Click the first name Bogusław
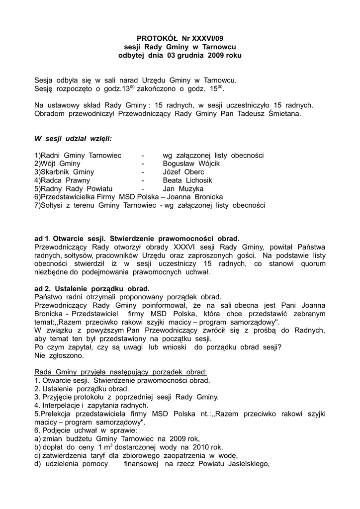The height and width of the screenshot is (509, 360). (x=180, y=164)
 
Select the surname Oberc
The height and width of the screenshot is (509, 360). (x=194, y=172)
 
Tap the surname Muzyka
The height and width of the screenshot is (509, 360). (x=189, y=189)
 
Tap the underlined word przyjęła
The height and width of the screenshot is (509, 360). (x=90, y=372)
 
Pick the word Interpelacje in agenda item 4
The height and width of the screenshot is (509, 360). (x=60, y=406)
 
